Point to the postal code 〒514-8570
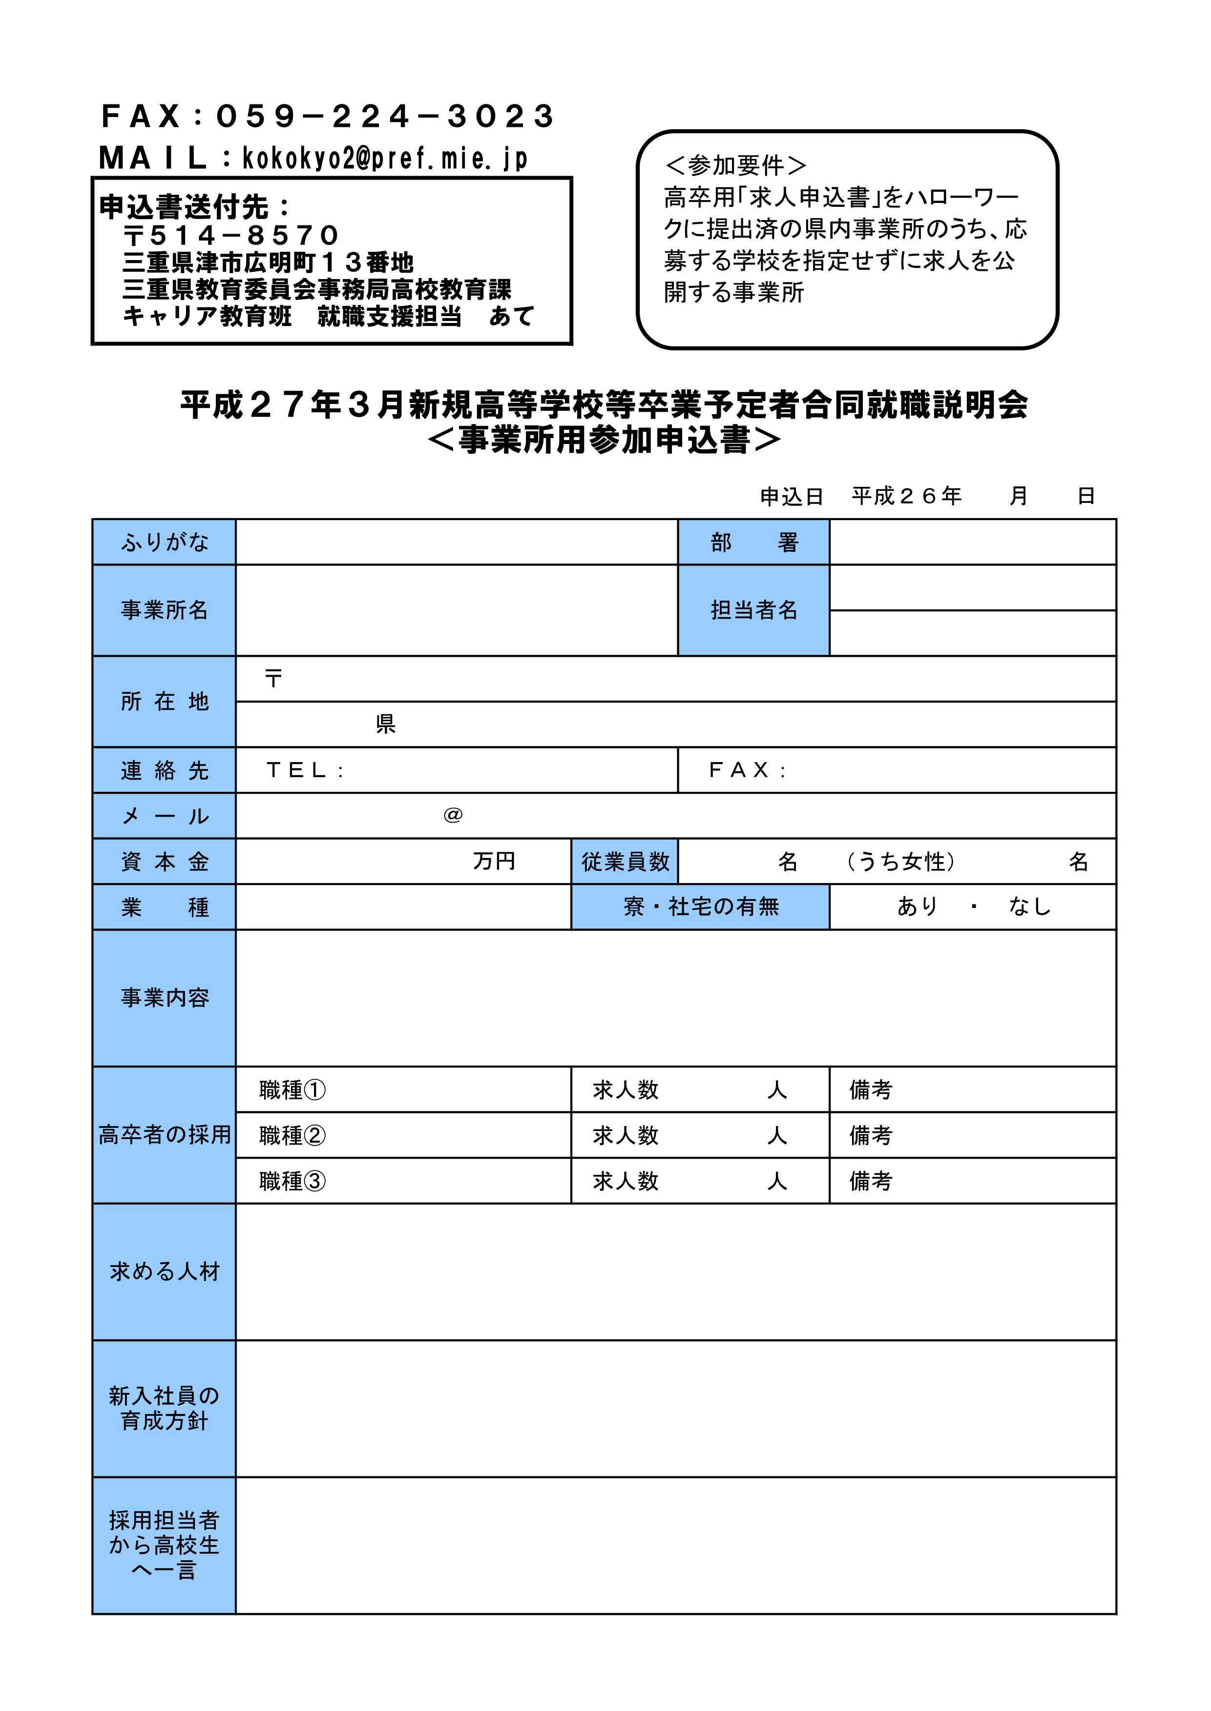tap(231, 236)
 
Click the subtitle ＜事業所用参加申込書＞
tap(605, 440)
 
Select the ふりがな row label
tap(164, 542)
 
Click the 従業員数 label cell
tap(625, 862)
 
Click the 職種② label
tap(292, 1136)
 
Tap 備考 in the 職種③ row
tap(870, 1181)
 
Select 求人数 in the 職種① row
tap(626, 1090)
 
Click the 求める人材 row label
tap(164, 1272)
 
